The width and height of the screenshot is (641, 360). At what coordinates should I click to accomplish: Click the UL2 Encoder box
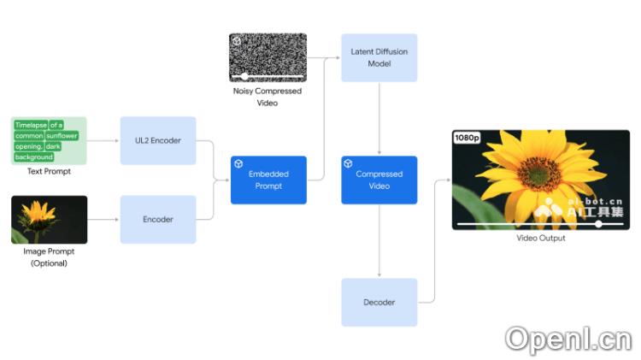158,140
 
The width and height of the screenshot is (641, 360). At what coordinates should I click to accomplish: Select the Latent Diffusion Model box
379,57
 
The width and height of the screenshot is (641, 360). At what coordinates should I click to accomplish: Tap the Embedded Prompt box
268,180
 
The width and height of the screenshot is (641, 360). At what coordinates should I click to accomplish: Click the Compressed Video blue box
379,180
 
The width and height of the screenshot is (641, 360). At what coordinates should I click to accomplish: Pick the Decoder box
379,302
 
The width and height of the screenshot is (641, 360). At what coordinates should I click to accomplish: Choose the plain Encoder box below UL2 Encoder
158,220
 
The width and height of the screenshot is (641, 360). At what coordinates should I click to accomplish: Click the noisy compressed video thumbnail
268,57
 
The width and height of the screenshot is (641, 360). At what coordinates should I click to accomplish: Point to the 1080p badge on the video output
468,138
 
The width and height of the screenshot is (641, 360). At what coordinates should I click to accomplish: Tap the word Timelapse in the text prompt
30,125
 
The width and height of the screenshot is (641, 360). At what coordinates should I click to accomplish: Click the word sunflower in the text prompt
62,136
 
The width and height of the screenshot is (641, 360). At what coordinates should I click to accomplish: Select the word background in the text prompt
34,157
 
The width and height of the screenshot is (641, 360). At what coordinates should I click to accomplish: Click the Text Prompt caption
49,172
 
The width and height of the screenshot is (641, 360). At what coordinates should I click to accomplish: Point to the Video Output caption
540,239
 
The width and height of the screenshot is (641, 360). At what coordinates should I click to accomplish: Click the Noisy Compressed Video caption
268,97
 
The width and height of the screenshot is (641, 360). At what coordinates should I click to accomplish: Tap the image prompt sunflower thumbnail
49,220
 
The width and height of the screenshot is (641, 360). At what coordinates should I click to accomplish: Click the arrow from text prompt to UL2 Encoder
103,140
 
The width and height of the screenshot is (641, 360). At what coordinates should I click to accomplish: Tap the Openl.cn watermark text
567,339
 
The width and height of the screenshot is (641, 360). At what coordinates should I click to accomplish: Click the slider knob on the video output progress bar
598,224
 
